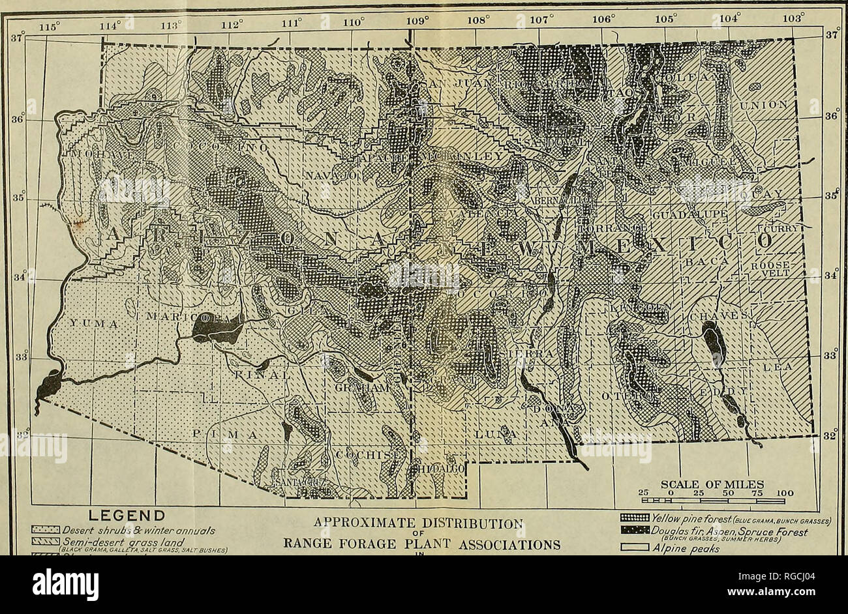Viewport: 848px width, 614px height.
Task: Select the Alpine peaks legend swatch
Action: tap(639, 549)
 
